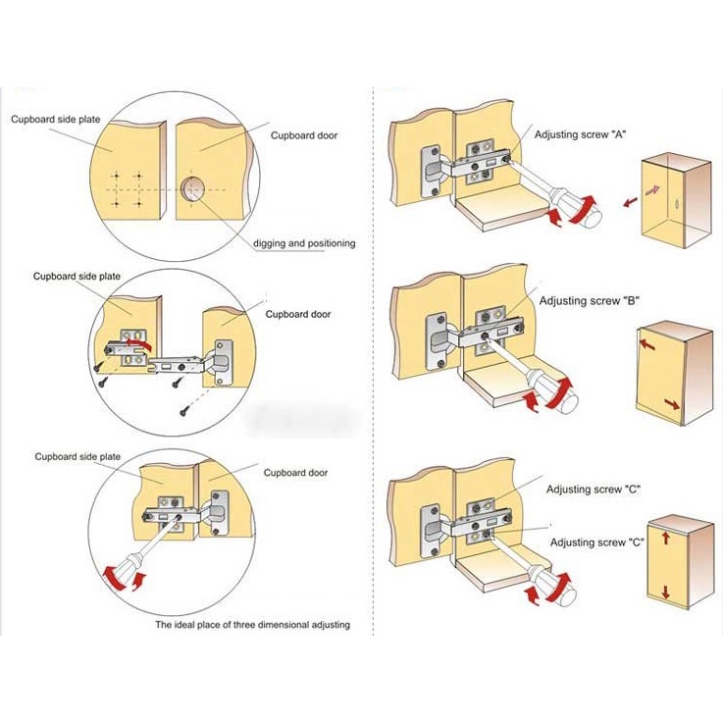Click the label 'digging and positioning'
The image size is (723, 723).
[304, 243]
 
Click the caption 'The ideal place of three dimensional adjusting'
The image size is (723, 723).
[251, 624]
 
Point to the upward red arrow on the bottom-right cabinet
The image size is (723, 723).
[665, 538]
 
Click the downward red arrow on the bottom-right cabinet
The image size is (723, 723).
[665, 592]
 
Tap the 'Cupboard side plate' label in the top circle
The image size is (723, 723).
[55, 119]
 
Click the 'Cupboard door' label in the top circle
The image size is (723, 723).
[304, 135]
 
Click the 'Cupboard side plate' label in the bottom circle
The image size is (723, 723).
[77, 457]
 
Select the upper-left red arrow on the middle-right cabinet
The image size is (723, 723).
[646, 344]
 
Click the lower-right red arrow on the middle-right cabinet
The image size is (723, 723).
[671, 404]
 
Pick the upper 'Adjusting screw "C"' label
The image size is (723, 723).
[594, 489]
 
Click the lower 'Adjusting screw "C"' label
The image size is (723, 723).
[596, 542]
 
